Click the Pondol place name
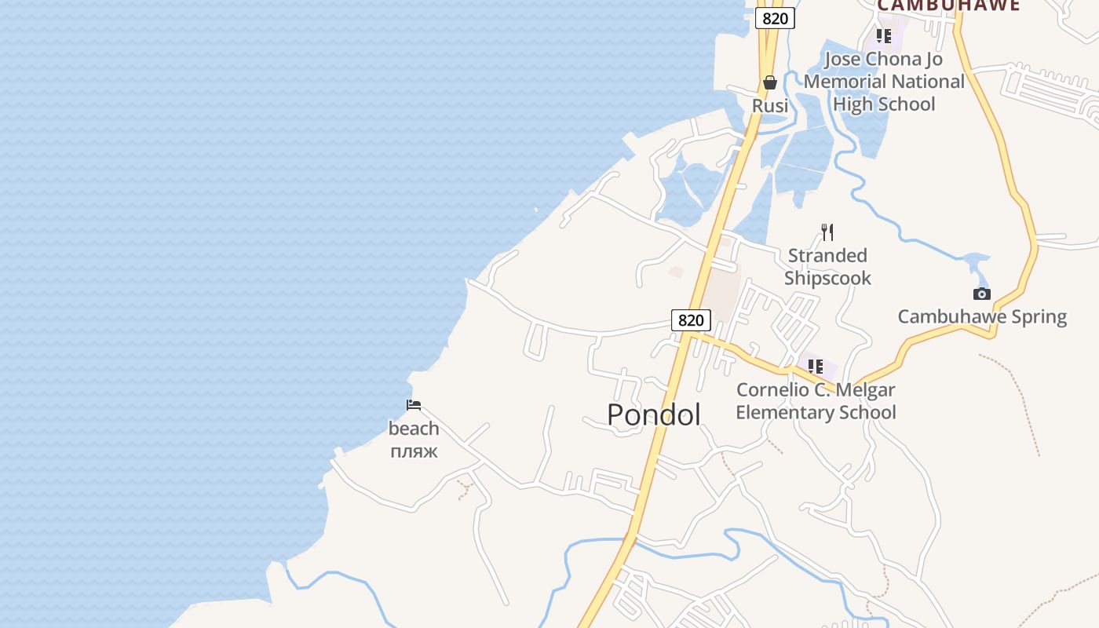point(654,414)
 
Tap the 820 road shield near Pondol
point(691,320)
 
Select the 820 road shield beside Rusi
point(775,18)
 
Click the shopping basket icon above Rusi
point(770,82)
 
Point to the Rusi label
point(770,105)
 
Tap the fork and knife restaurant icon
point(827,232)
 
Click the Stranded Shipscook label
point(827,267)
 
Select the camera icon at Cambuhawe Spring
point(981,294)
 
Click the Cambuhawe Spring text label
point(982,317)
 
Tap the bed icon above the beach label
point(414,405)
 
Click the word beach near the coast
point(414,429)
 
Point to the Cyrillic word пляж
point(414,451)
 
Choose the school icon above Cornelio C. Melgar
point(816,366)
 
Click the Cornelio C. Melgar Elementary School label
point(816,401)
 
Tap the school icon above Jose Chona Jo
point(884,36)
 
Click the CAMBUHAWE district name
point(948,5)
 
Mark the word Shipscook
point(827,278)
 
